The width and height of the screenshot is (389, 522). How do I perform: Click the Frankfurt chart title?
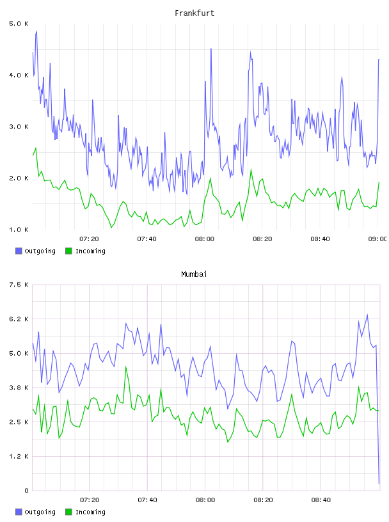[194, 13]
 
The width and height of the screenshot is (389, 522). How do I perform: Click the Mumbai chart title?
[194, 274]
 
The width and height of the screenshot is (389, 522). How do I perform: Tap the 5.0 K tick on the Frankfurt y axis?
[19, 24]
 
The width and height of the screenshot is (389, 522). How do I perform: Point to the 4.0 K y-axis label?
[19, 75]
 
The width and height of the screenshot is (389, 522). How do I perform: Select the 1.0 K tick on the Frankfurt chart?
[19, 230]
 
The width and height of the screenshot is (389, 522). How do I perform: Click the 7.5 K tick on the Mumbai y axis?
[19, 285]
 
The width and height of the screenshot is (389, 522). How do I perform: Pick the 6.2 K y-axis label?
[19, 319]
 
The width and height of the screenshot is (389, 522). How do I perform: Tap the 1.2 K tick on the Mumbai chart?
[19, 456]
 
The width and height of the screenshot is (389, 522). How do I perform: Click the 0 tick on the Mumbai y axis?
[26, 491]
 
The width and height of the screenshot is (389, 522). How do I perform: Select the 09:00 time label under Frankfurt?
[377, 239]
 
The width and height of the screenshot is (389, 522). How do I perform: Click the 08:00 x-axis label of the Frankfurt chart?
[205, 239]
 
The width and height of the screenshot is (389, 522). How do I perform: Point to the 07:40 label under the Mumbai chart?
[147, 500]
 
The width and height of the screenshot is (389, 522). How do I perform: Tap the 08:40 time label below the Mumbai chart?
[321, 500]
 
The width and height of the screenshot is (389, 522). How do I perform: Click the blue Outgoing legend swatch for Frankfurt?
[19, 251]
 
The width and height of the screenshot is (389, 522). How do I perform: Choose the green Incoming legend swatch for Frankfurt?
[68, 251]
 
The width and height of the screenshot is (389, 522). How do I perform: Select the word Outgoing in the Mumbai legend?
[40, 512]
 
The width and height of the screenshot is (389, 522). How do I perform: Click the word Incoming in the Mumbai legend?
[90, 512]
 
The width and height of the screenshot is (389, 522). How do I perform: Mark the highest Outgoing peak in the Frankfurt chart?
[36, 31]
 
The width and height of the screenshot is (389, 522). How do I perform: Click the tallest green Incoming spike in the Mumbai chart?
[126, 367]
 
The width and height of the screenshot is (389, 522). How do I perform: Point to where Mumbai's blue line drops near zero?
[379, 484]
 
